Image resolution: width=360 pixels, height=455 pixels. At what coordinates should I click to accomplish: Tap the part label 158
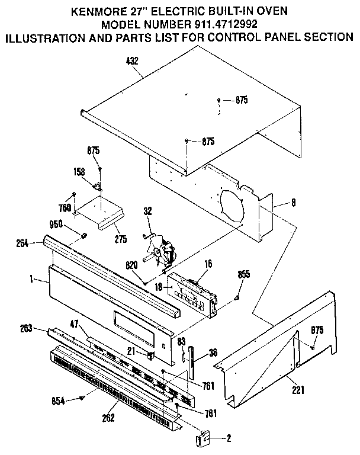point(87,172)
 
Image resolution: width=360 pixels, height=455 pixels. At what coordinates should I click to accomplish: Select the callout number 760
point(65,207)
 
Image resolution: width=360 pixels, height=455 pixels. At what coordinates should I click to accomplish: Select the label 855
point(243,274)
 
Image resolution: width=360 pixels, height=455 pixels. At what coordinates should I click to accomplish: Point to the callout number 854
point(57,400)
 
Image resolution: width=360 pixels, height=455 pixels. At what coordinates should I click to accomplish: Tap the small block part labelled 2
point(202,440)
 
